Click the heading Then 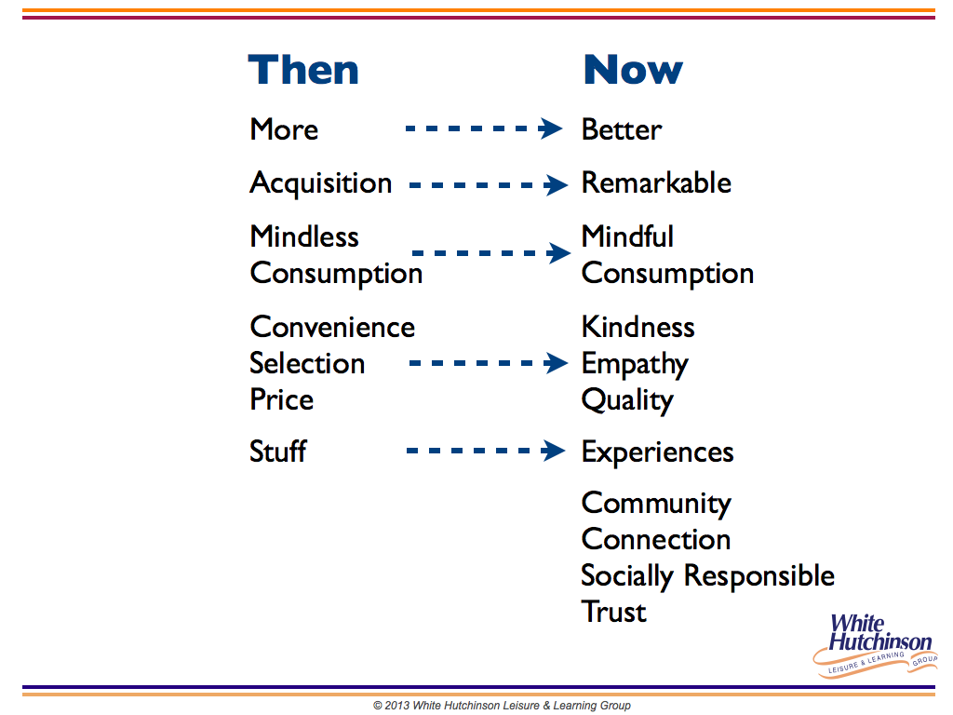303,69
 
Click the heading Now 633,69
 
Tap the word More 284,129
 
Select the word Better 621,129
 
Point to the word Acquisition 321,184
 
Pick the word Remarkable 656,183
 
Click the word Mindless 304,236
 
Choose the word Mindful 627,236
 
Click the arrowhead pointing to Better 551,128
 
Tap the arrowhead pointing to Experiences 553,451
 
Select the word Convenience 332,327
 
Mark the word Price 281,399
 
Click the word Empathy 635,365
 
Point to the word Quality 627,400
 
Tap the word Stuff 277,452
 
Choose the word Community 656,504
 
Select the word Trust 614,612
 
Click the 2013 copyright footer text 502,706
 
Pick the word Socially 627,576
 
